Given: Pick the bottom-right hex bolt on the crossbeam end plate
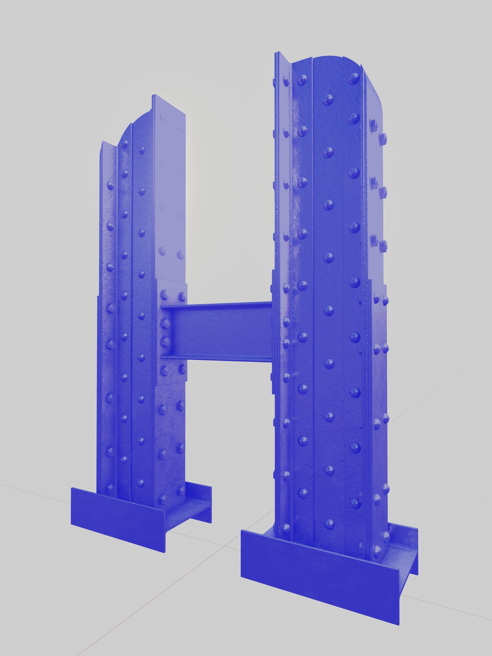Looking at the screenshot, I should click(x=182, y=369).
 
